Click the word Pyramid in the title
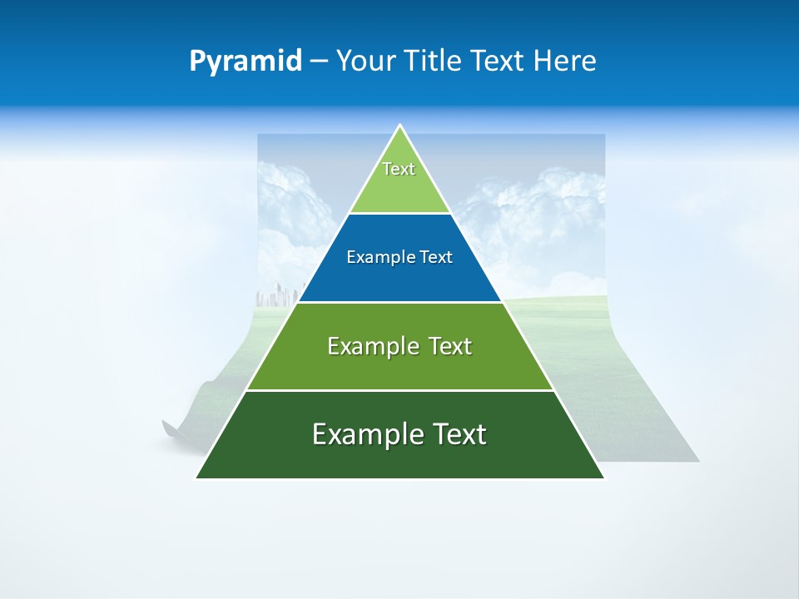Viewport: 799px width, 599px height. click(246, 62)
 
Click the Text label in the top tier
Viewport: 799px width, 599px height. click(399, 169)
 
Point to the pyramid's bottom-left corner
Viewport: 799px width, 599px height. click(196, 478)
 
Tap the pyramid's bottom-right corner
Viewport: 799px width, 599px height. click(603, 478)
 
